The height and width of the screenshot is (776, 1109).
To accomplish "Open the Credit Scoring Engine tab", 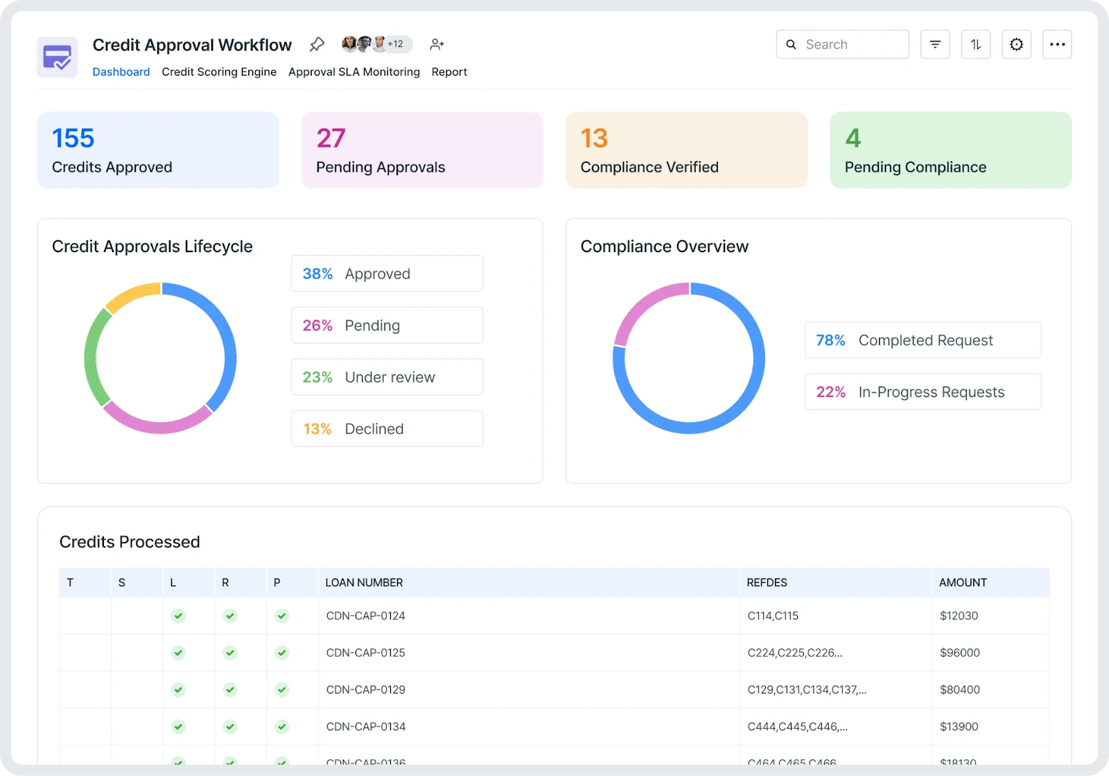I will click(219, 72).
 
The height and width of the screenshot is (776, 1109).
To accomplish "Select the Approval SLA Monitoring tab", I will click(353, 72).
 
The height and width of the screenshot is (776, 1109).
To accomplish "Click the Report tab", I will click(449, 72).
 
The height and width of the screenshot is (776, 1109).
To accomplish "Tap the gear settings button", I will click(1016, 44).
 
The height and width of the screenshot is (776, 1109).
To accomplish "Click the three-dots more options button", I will click(1057, 44).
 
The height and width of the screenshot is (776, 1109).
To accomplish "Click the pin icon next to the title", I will click(317, 44).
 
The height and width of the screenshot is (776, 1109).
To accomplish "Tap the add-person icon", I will click(437, 44).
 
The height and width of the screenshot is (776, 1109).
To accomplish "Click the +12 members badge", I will click(396, 44).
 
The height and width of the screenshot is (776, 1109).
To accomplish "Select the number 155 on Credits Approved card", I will click(73, 139).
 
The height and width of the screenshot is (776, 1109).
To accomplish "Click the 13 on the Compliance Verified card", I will click(594, 139).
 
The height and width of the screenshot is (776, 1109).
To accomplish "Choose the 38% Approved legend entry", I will click(387, 274).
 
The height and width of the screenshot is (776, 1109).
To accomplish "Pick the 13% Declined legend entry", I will click(387, 429).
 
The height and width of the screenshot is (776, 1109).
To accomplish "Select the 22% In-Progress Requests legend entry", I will click(923, 392).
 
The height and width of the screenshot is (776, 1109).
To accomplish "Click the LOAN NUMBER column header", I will click(364, 583).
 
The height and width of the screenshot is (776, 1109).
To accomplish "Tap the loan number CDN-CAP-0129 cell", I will click(366, 690).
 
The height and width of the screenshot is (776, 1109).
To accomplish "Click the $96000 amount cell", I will click(960, 653).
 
